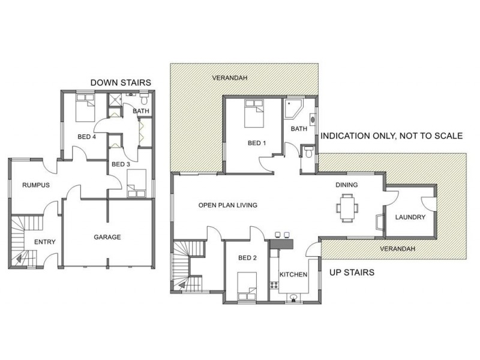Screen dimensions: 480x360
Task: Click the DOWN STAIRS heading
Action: point(121,83)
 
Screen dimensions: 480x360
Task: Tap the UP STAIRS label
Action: point(352,272)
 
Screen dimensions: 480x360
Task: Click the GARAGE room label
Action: point(107,237)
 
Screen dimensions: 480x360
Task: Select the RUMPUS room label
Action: point(36,185)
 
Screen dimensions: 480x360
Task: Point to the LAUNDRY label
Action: point(410,217)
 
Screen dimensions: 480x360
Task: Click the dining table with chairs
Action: point(347,208)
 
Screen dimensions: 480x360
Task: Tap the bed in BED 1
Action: point(254,113)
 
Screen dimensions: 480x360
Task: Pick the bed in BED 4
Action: point(85,108)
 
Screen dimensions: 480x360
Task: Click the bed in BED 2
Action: point(247,286)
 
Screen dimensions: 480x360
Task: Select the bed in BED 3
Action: point(137,183)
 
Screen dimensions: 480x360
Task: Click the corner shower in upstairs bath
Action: point(293,109)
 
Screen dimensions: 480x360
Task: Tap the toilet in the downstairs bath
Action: point(144,99)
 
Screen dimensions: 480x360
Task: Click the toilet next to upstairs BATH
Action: point(308,151)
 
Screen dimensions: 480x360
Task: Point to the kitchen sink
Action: point(293,298)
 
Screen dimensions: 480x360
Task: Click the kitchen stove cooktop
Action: point(274,286)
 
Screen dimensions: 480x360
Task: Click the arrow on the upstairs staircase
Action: point(187,286)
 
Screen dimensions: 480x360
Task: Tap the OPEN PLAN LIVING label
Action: point(228,205)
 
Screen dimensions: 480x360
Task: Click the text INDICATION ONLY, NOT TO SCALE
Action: point(392,136)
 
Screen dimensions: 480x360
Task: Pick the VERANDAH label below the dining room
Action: point(397,248)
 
